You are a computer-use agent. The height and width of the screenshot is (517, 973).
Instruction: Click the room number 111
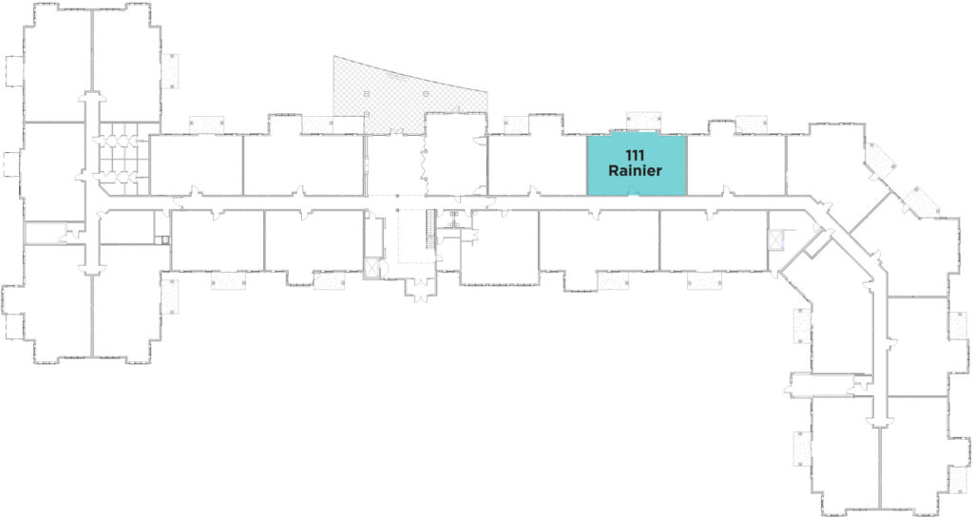pyautogui.click(x=635, y=155)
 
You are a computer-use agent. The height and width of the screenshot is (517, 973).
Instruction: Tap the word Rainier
pyautogui.click(x=635, y=170)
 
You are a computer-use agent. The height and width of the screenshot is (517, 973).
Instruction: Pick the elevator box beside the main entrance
pyautogui.click(x=372, y=268)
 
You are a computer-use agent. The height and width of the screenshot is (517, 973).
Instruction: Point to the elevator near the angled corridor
pyautogui.click(x=775, y=239)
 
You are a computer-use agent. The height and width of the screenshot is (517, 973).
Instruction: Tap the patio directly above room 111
pyautogui.click(x=644, y=121)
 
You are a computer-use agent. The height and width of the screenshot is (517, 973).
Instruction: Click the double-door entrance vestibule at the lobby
pyautogui.click(x=420, y=289)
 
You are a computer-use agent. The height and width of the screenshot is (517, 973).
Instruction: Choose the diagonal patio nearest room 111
pyautogui.click(x=880, y=159)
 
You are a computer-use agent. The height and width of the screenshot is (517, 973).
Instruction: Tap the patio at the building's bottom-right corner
pyautogui.click(x=960, y=478)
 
